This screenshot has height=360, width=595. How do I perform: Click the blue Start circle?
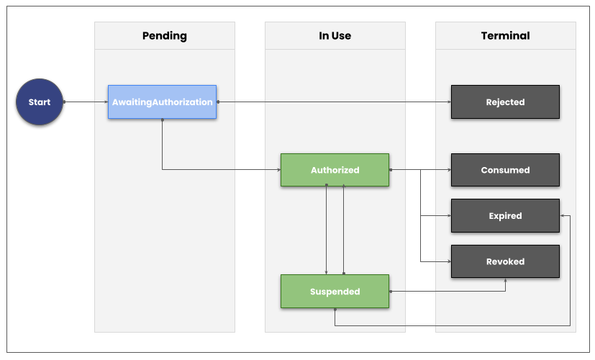[39, 102]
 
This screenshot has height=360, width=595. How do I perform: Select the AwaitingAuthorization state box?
[162, 102]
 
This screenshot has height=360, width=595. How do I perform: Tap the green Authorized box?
[335, 171]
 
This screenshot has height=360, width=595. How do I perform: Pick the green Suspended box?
[335, 292]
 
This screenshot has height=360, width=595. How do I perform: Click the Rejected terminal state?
[505, 102]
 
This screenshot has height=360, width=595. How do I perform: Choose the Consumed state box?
[505, 171]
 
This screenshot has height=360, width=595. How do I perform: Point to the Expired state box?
[505, 216]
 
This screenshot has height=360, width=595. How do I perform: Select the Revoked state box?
[505, 261]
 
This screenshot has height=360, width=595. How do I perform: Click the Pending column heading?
[164, 36]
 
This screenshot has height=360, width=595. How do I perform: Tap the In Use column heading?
[335, 36]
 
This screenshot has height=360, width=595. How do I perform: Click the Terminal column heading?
[505, 36]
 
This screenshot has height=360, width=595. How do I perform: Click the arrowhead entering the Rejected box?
[448, 102]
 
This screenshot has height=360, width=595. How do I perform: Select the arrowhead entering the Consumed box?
[448, 171]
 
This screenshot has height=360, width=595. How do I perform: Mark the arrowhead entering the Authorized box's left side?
[278, 170]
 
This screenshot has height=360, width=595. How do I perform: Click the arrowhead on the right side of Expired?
[563, 216]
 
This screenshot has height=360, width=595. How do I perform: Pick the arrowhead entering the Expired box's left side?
[448, 216]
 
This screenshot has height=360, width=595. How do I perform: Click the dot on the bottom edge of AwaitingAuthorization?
[162, 120]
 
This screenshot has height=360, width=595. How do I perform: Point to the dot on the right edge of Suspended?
[390, 292]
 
